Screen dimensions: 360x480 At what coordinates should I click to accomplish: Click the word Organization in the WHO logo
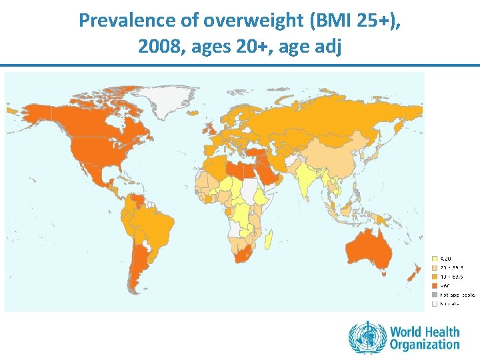coord(425,345)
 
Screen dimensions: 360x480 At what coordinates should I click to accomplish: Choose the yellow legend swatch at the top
coord(435,258)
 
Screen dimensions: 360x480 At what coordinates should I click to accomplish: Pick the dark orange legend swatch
coord(435,285)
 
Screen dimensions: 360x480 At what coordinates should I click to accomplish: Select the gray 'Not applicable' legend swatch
coord(435,294)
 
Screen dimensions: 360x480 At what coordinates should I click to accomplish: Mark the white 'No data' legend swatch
coord(435,303)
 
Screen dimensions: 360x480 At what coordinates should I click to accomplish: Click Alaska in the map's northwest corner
coord(33,113)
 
